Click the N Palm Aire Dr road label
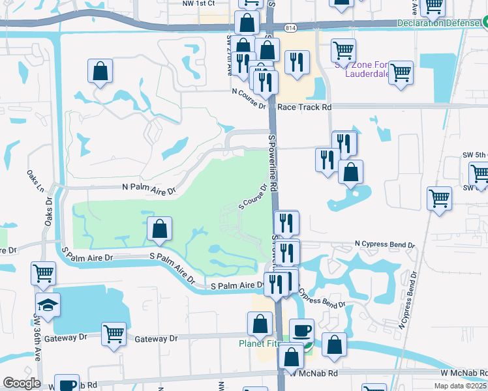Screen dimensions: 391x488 point(149,188)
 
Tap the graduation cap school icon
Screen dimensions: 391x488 point(48,306)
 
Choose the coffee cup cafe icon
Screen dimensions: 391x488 point(301,330)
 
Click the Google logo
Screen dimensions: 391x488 point(22,383)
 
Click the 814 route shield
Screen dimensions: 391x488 point(290,27)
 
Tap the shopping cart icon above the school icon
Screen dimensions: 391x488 point(43,274)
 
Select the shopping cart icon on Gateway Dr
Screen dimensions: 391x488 point(114,334)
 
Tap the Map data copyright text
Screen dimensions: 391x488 point(460,385)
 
